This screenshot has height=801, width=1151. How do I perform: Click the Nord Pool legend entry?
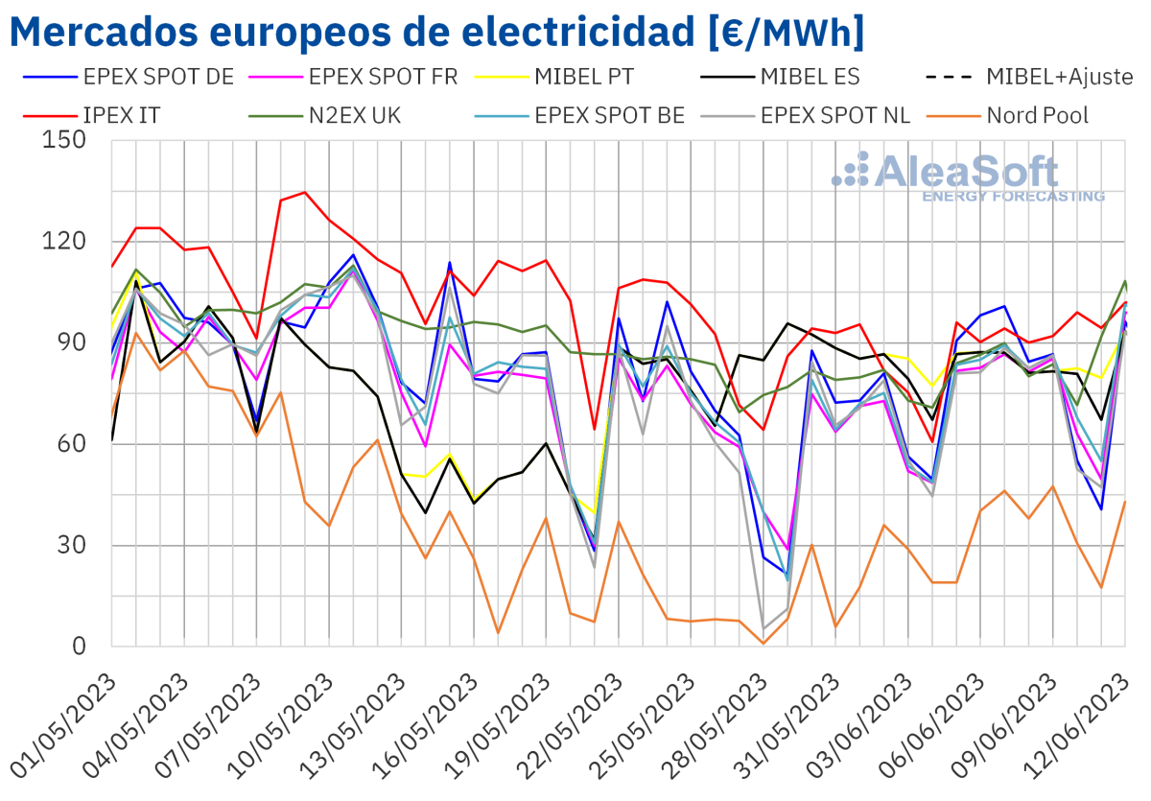point(1038,116)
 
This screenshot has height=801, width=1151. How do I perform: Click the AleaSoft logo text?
point(969,173)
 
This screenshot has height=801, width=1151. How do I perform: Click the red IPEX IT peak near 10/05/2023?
point(304,193)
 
